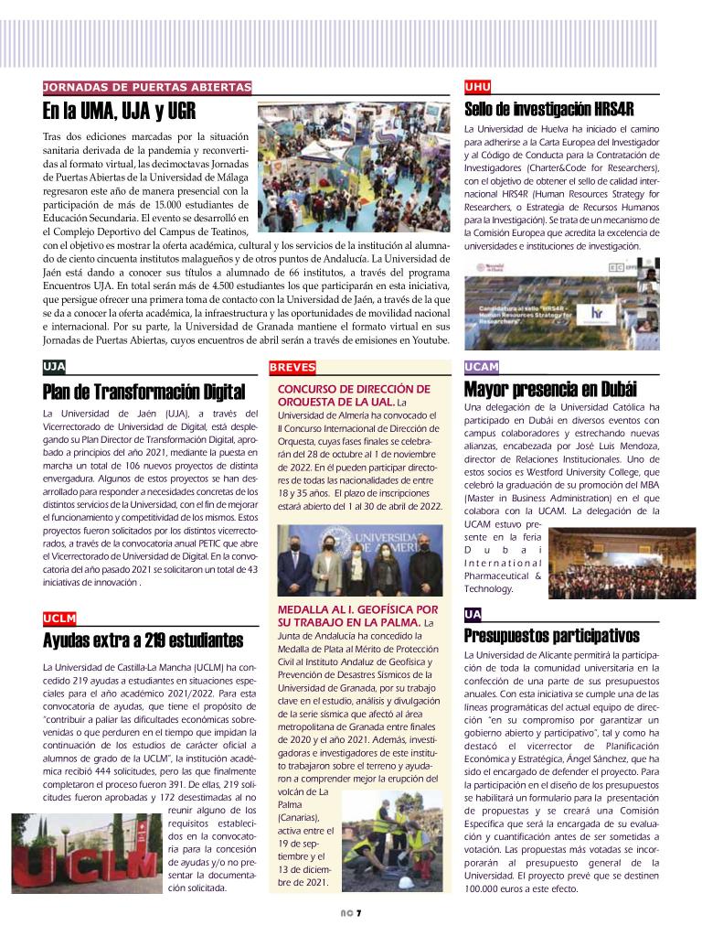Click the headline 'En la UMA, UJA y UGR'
[x=118, y=112]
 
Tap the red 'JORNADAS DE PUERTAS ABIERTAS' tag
[x=147, y=87]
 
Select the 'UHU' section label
[x=478, y=87]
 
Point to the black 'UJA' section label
[x=54, y=367]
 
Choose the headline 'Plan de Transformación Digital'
[x=144, y=393]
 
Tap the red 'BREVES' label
[x=292, y=367]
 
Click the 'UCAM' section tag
[x=482, y=367]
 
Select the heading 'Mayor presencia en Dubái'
[x=550, y=388]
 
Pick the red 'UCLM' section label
[x=59, y=618]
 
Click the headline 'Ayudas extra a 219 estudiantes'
[x=143, y=640]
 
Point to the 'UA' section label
[x=473, y=614]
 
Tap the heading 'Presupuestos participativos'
[x=551, y=636]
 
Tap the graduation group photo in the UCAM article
[x=622, y=562]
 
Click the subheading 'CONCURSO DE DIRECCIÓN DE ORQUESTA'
[x=353, y=395]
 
